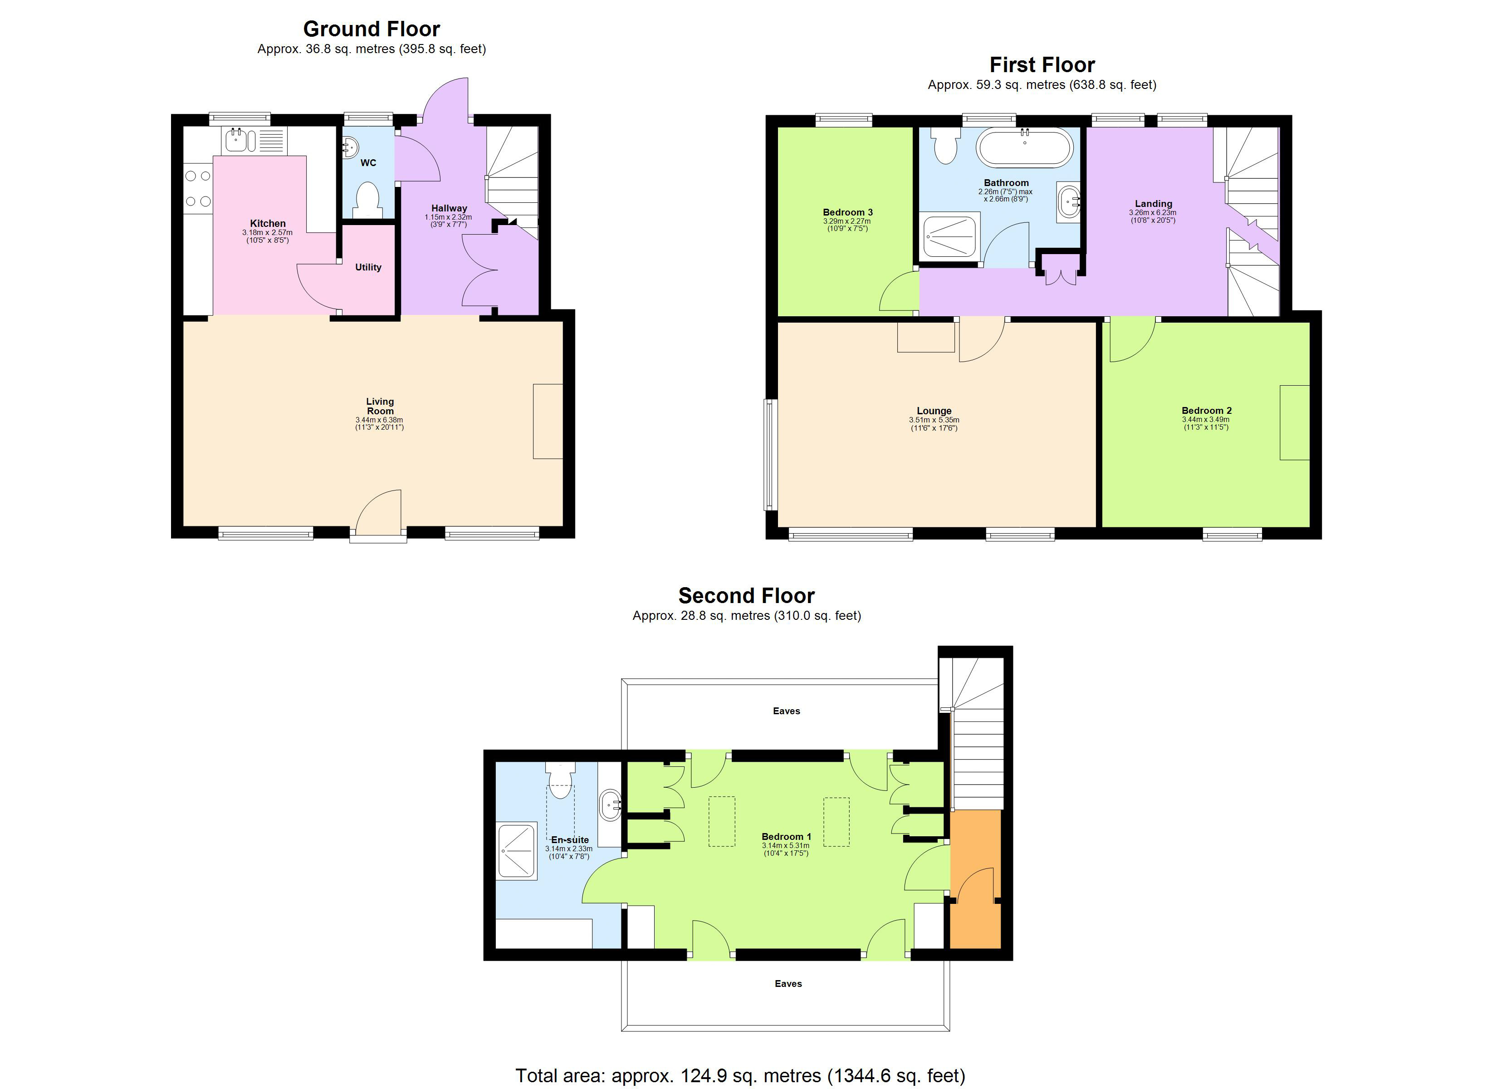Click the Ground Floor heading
tap(371, 29)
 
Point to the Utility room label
tap(367, 267)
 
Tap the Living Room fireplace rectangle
tap(548, 422)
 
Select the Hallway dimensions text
tap(448, 221)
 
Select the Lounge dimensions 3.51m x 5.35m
tap(934, 421)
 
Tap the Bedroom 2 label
tap(1207, 411)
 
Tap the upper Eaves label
tap(786, 711)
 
